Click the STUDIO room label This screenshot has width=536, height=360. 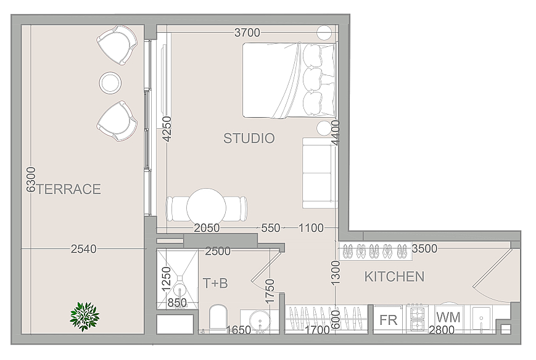click(x=249, y=138)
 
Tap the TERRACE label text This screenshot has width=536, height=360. click(x=68, y=189)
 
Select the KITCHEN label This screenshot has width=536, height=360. click(x=394, y=277)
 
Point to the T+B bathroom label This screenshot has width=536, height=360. click(x=215, y=283)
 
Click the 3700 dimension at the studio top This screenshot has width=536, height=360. click(x=247, y=33)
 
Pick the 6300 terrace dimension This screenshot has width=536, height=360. click(x=31, y=179)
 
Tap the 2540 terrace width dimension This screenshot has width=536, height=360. click(x=84, y=249)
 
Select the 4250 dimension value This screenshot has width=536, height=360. click(x=167, y=129)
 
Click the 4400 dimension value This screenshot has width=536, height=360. click(x=336, y=133)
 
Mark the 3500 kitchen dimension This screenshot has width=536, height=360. click(x=424, y=248)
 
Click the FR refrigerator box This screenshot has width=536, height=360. click(x=389, y=320)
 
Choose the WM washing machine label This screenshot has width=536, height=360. click(x=448, y=317)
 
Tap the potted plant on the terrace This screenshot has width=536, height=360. click(x=84, y=317)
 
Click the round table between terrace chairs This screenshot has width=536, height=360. click(x=110, y=83)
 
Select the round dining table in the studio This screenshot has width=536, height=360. click(x=206, y=207)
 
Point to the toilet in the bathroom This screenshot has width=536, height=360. click(x=218, y=318)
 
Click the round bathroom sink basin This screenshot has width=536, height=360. click(x=260, y=321)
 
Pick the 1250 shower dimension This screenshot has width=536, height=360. click(x=166, y=279)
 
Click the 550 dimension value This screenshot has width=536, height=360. click(x=271, y=228)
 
